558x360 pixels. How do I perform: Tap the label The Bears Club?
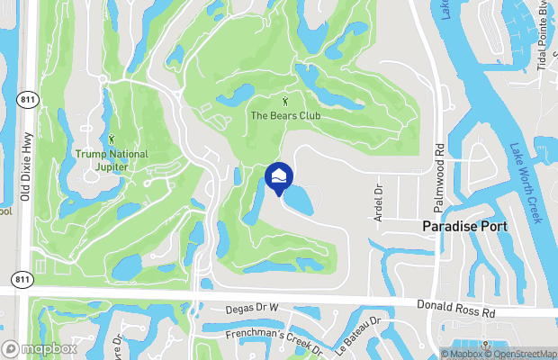coord(285,115)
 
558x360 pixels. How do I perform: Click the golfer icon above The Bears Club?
coord(286,100)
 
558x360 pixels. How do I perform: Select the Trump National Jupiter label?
coord(112,159)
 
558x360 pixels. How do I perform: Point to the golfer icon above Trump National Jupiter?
coord(112,139)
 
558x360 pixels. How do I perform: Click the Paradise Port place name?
coord(465,227)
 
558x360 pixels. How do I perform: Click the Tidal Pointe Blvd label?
coord(544,36)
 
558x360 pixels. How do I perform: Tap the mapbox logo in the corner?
coord(39,348)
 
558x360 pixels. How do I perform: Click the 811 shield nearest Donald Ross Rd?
coord(22,281)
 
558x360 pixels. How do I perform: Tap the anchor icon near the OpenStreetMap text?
coord(487,346)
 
